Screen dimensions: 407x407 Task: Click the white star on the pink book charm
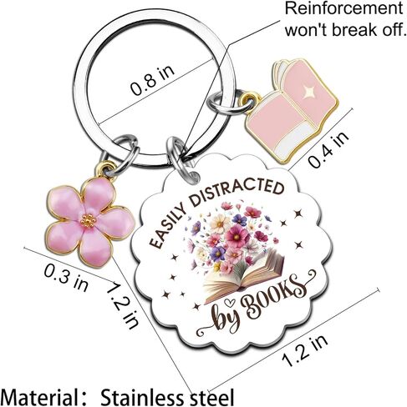[x=308, y=92]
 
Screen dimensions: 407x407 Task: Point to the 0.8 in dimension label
[x=153, y=80]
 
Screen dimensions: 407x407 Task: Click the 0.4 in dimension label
[x=329, y=149]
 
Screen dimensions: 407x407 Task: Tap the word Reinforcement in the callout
[x=343, y=9]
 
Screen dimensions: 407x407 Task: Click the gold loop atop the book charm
[x=247, y=98]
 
